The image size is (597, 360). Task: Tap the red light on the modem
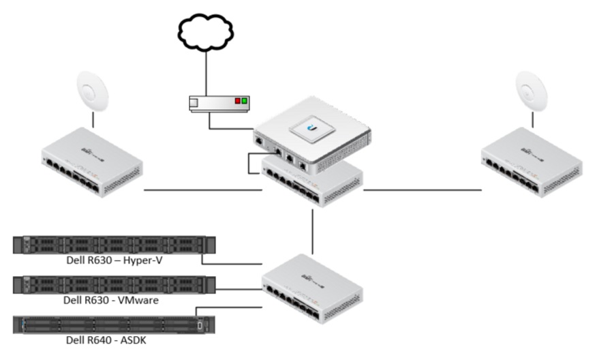[x=238, y=102]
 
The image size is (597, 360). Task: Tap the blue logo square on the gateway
[x=315, y=127]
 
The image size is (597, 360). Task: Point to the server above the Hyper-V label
[x=114, y=245]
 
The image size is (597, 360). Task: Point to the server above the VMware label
[x=114, y=284]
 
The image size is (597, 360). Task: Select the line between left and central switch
[x=203, y=190]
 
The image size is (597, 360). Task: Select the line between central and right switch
[x=422, y=190]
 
